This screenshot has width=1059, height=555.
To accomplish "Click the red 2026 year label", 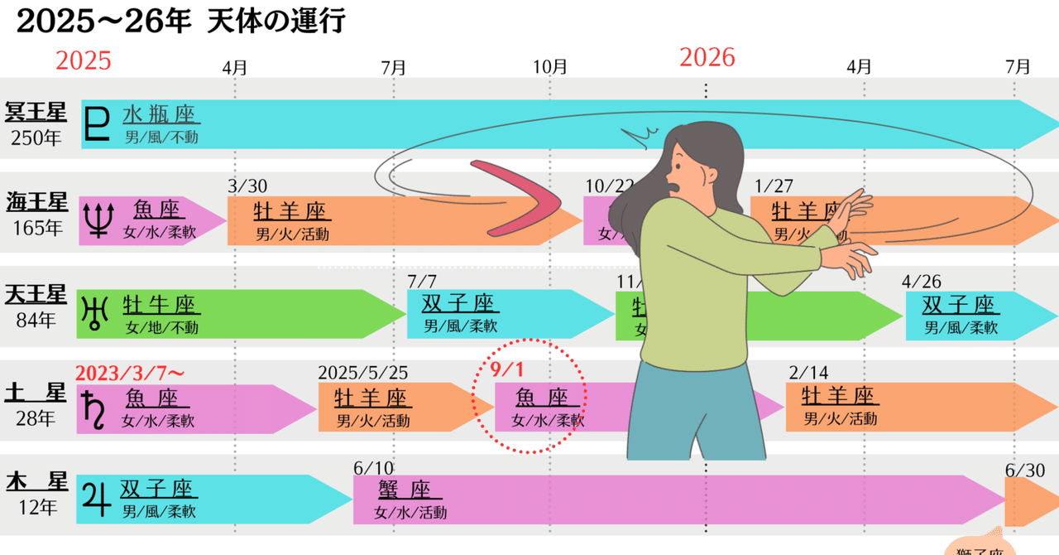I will coord(707,57).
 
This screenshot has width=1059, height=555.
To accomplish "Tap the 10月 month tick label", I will coord(550,65).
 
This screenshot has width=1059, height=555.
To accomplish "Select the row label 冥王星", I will coord(36,112).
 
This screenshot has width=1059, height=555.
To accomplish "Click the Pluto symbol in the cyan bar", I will coord(98,124).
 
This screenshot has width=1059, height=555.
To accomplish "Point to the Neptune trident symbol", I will coord(98,220).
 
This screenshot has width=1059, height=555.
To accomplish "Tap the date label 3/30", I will coord(247,187).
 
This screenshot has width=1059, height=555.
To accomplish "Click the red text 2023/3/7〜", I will coord(128,372).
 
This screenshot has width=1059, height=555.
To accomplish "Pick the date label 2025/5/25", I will coord(362,372).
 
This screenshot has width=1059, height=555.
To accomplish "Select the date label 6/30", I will coord(1025,470).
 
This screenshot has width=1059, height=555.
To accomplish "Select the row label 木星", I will coord(36,480).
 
